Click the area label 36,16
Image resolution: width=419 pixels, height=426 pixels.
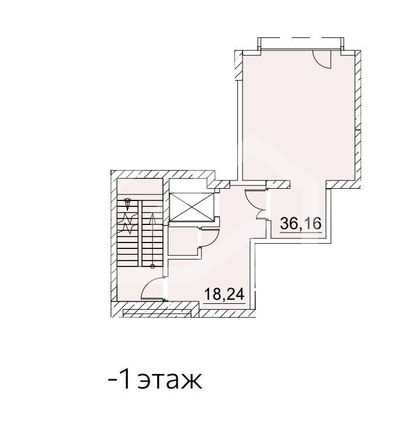(x=301, y=223)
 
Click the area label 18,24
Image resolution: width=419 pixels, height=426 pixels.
(x=224, y=293)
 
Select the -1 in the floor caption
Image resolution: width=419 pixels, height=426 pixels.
(x=121, y=380)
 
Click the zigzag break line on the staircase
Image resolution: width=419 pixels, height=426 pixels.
(x=129, y=221)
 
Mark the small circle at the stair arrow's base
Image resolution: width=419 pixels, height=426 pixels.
(x=153, y=266)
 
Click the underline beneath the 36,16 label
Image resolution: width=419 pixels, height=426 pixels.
(x=301, y=233)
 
